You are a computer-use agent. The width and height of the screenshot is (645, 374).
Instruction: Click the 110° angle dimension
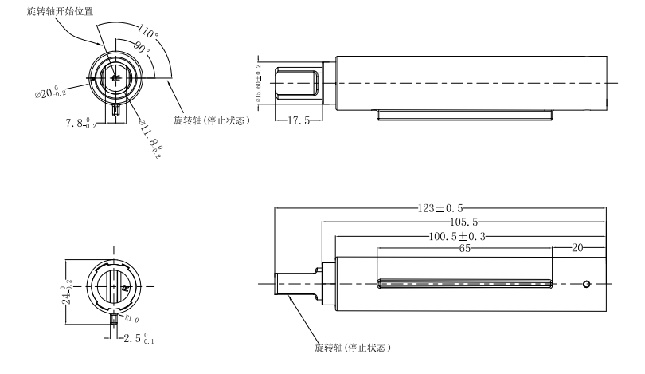coord(147,31)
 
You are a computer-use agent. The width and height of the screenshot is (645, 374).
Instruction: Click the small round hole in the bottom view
coord(587,284)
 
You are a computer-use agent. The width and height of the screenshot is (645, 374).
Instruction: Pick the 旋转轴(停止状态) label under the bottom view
coord(353,348)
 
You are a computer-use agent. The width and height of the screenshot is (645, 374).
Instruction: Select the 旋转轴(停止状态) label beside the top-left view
coord(207,120)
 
